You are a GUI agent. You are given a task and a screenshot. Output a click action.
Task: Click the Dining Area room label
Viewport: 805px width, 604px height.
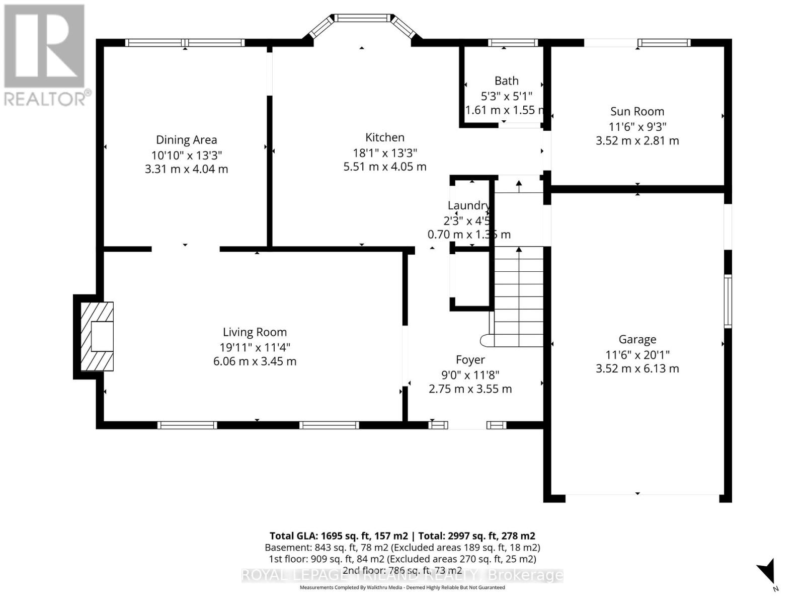click(x=186, y=140)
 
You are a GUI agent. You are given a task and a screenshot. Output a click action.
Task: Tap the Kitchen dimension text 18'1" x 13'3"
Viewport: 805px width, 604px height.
click(x=385, y=153)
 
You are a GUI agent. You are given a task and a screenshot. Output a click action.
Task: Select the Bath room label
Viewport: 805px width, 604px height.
click(x=506, y=81)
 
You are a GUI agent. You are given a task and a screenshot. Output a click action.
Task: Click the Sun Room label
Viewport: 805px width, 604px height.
click(x=637, y=112)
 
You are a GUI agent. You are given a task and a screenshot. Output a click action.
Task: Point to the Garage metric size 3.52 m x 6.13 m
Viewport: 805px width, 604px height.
click(x=637, y=368)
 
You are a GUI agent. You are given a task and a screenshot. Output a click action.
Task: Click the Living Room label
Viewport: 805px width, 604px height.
click(x=255, y=332)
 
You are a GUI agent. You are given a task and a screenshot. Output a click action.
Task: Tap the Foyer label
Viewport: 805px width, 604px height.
click(x=470, y=360)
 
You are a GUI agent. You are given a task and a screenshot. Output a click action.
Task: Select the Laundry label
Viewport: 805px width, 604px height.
click(x=468, y=205)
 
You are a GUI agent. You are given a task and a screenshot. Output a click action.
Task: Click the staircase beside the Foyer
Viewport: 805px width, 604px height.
click(x=518, y=297)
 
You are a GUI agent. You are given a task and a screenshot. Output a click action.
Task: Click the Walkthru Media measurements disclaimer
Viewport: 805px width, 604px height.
click(x=402, y=587)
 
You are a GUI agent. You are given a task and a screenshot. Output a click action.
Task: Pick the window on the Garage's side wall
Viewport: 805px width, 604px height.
click(x=728, y=301)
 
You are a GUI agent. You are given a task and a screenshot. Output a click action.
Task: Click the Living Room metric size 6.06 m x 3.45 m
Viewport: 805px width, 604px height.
click(x=255, y=361)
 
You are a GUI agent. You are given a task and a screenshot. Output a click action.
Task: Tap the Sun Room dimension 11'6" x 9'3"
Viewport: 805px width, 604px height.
click(x=637, y=126)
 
